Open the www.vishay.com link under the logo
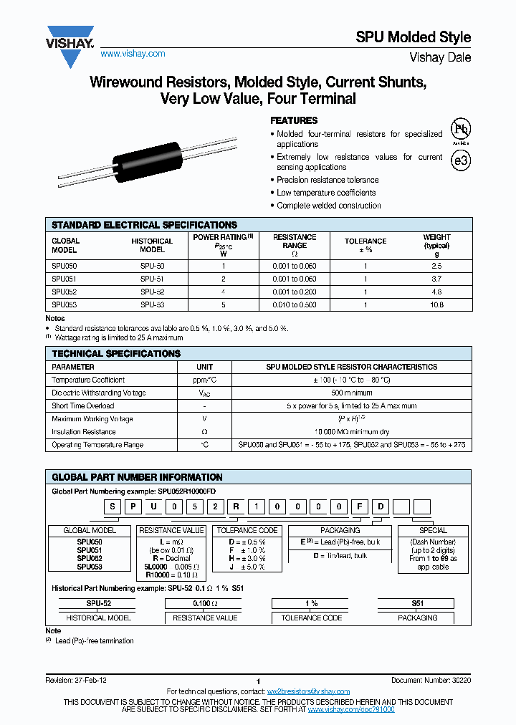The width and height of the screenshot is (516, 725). click(133, 54)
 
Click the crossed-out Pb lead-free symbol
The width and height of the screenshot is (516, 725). click(460, 130)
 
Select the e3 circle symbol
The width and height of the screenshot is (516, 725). click(461, 160)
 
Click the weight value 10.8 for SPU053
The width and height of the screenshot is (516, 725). click(436, 304)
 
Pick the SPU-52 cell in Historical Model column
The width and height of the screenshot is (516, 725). click(152, 292)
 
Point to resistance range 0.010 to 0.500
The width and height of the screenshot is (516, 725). click(295, 304)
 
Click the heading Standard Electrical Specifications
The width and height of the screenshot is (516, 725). click(144, 225)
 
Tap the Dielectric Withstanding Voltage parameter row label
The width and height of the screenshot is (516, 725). click(99, 393)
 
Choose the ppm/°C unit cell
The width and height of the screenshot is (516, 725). click(205, 380)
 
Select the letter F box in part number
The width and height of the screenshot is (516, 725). click(363, 508)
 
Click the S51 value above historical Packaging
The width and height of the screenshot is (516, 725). click(417, 604)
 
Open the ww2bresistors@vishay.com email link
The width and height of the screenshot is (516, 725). click(308, 691)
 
